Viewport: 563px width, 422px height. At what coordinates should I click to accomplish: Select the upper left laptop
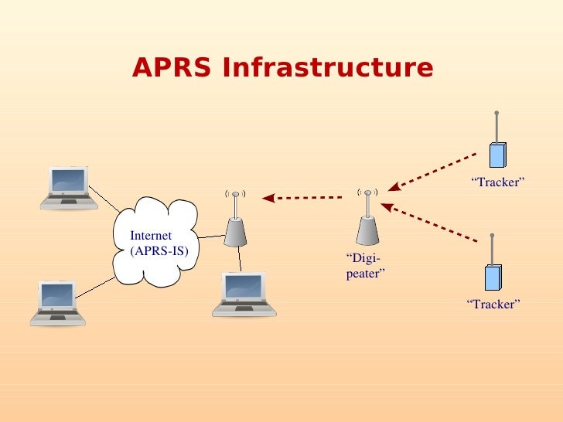tap(69, 188)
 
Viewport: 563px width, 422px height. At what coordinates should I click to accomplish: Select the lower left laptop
tap(58, 303)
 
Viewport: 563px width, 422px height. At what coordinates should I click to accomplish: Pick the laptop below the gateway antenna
tap(244, 294)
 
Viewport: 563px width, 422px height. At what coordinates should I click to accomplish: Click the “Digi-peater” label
tap(365, 265)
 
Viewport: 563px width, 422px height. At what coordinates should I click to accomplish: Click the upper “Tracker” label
tap(498, 182)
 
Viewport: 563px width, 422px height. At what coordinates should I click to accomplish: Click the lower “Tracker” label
tap(493, 305)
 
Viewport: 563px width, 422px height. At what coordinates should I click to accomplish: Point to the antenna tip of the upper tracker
tap(496, 113)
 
